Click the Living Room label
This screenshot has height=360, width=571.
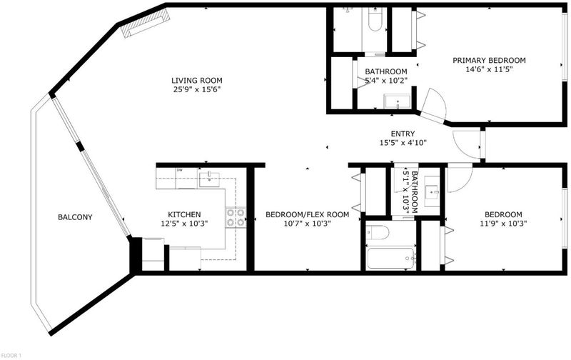pyautogui.click(x=197, y=80)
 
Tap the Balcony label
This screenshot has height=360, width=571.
pyautogui.click(x=75, y=217)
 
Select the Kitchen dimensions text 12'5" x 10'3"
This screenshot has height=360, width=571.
pyautogui.click(x=184, y=224)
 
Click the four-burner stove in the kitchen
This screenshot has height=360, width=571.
pyautogui.click(x=236, y=218)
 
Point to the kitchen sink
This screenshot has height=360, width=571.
pyautogui.click(x=209, y=179)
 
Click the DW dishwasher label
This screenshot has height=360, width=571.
pyautogui.click(x=179, y=170)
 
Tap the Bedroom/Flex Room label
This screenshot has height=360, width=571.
pyautogui.click(x=308, y=214)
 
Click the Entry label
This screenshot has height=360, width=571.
pyautogui.click(x=403, y=134)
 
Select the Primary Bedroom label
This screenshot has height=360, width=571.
pyautogui.click(x=489, y=60)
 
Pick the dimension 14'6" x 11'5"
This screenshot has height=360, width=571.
pyautogui.click(x=489, y=69)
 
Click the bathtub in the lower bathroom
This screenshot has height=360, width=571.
pyautogui.click(x=390, y=259)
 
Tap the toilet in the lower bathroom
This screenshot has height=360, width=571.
pyautogui.click(x=378, y=232)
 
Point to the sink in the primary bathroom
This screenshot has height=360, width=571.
pyautogui.click(x=398, y=101)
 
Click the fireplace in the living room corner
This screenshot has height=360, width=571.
pyautogui.click(x=146, y=23)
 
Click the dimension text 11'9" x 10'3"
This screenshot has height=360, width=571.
pyautogui.click(x=504, y=224)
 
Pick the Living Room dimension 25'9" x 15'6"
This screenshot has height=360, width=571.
pyautogui.click(x=197, y=89)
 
